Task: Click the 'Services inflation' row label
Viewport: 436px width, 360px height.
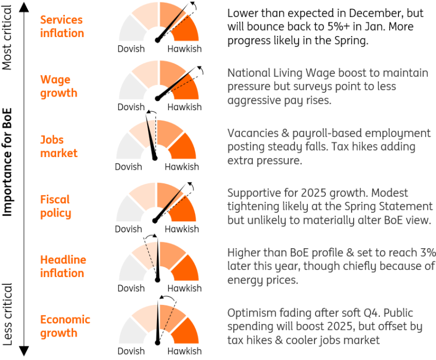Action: point(62,26)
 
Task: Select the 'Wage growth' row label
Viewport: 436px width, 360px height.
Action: point(58,86)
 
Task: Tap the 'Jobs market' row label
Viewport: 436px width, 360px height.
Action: point(58,146)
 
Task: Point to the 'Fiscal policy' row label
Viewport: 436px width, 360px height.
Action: point(56,206)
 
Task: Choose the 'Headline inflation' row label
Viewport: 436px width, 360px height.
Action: point(63,266)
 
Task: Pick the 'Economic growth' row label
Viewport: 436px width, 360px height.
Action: point(65,326)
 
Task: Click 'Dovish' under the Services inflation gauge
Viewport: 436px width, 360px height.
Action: point(131,49)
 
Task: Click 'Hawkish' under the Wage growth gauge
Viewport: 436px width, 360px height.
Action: point(184,107)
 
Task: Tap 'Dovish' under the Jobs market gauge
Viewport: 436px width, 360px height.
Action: point(129,167)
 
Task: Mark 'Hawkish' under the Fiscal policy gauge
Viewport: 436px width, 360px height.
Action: point(181,229)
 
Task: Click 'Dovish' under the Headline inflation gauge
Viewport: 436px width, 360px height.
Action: point(131,288)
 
